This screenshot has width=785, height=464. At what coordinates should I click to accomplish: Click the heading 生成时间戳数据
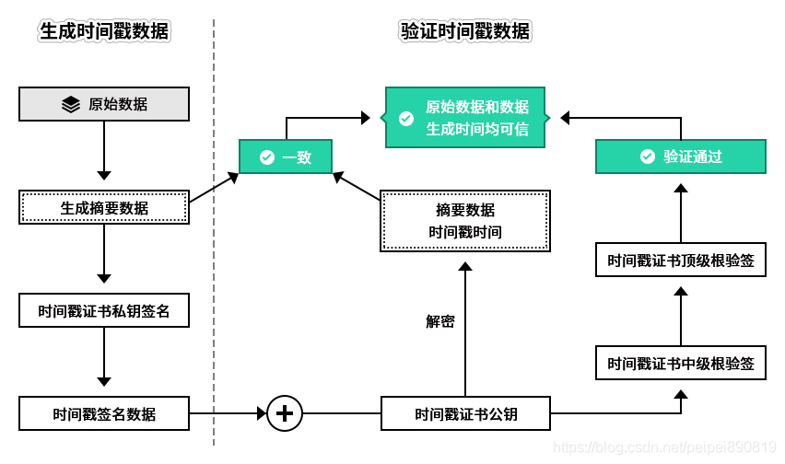coord(104,31)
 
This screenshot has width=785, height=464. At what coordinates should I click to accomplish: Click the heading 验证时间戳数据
coord(465,31)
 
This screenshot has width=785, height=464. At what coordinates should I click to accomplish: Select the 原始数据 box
coord(104,104)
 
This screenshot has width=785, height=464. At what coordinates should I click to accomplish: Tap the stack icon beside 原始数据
coord(71,104)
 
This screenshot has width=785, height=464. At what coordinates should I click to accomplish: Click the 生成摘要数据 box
coord(104,207)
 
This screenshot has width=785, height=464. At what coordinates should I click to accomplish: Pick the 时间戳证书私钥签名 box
coord(104,310)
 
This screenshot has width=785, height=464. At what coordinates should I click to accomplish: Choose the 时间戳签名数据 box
coord(104,413)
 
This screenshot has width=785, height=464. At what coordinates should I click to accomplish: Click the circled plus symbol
coord(285,413)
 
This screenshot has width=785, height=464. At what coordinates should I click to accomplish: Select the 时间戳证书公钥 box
coord(465,413)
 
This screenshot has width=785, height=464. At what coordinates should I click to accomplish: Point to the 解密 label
coord(439,321)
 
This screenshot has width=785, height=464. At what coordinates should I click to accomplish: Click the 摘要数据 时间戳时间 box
coord(465,221)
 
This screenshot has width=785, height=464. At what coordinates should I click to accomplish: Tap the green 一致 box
coord(285,157)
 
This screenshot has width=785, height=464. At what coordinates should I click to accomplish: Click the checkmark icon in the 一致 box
coord(267,157)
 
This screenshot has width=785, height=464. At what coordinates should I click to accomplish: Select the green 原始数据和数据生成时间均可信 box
coord(465,118)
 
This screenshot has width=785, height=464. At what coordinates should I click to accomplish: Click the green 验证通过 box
coord(680,157)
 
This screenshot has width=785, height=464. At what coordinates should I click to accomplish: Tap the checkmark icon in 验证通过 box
coord(648,157)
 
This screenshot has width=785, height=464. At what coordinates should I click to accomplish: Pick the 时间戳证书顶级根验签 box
coord(680,261)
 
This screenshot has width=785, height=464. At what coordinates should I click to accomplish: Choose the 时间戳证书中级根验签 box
coord(680,363)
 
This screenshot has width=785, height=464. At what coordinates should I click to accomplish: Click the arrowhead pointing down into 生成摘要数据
coord(104,175)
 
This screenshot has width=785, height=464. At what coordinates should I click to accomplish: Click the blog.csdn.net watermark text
coord(662,447)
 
